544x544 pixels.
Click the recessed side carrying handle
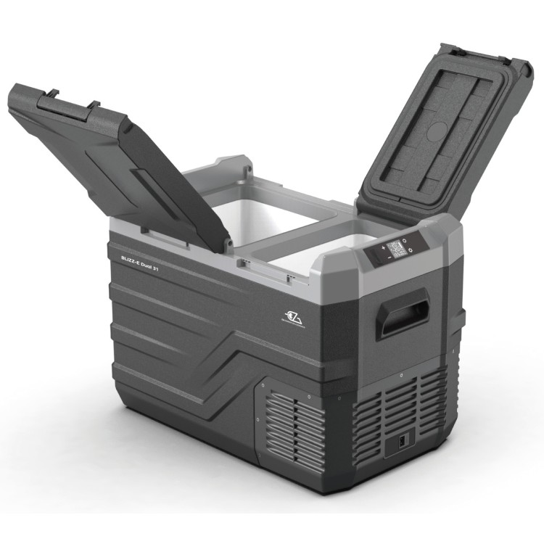[403, 313]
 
